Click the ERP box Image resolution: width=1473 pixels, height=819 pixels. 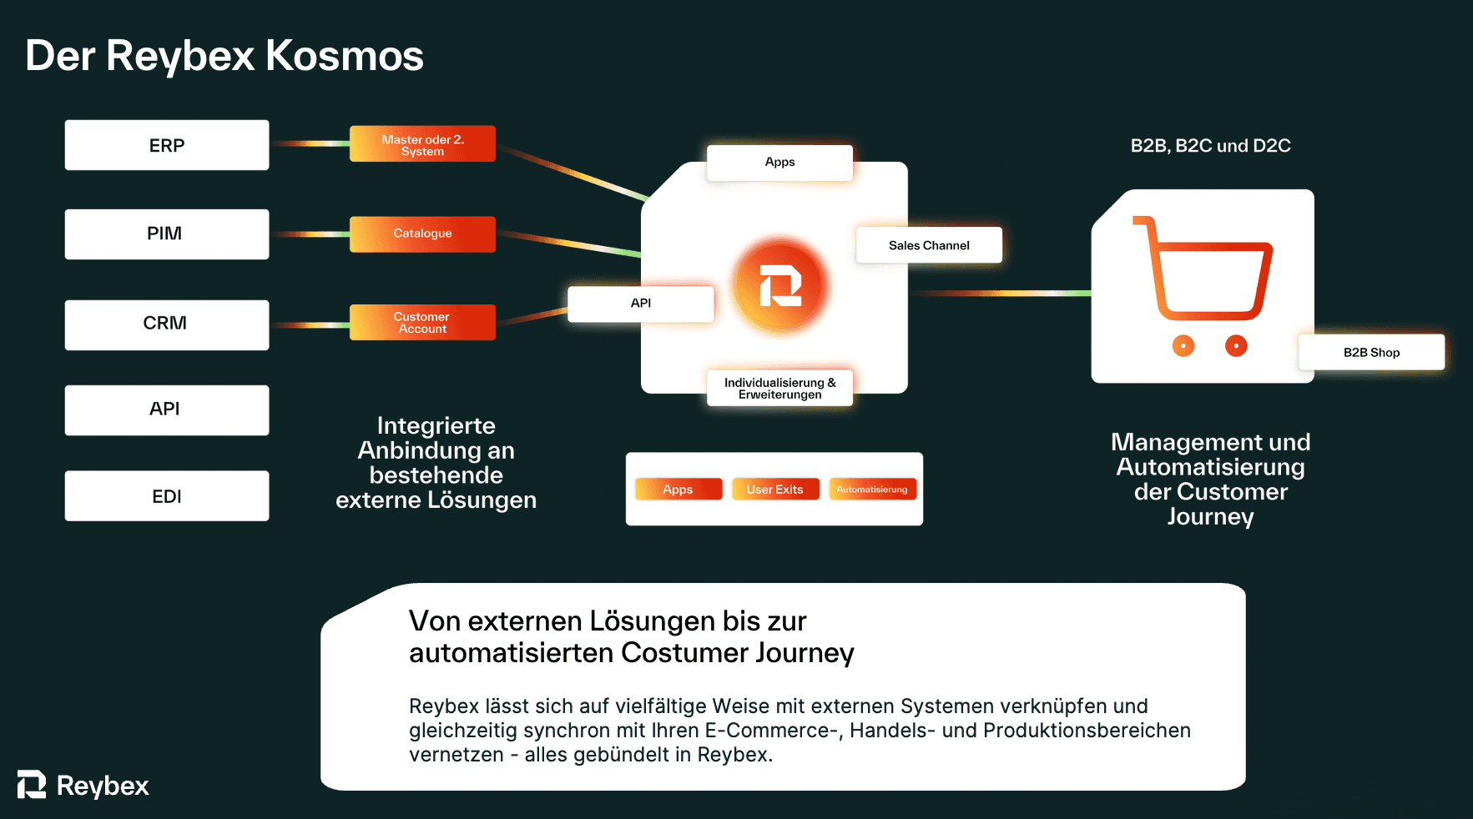coord(167,145)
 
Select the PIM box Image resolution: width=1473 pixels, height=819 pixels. coord(167,234)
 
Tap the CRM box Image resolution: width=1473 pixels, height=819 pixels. coord(167,324)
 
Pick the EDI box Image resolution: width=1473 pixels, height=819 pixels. coord(167,496)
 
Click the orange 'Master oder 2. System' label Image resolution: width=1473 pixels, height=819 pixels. coord(422,144)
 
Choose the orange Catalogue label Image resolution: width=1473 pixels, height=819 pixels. coord(422,234)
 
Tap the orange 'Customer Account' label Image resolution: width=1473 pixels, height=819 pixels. coord(422,323)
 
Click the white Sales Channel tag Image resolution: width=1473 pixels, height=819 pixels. coord(929,245)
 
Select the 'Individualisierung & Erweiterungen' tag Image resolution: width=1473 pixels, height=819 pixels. coord(779,388)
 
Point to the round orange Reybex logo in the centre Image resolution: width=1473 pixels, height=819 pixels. coord(780,285)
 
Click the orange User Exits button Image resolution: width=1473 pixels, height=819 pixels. coord(774,490)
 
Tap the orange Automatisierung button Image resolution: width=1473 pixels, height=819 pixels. coord(872,490)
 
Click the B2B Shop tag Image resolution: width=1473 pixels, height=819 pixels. coord(1371,352)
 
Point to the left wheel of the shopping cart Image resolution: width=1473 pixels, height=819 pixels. coord(1183,345)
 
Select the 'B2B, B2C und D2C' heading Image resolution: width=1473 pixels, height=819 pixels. coord(1210,146)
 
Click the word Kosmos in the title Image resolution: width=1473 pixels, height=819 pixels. coord(344,56)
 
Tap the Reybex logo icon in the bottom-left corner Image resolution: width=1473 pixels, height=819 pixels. coord(32,785)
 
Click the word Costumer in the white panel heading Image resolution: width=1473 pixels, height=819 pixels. coord(684,653)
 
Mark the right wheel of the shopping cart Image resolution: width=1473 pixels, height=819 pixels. coord(1236,345)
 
